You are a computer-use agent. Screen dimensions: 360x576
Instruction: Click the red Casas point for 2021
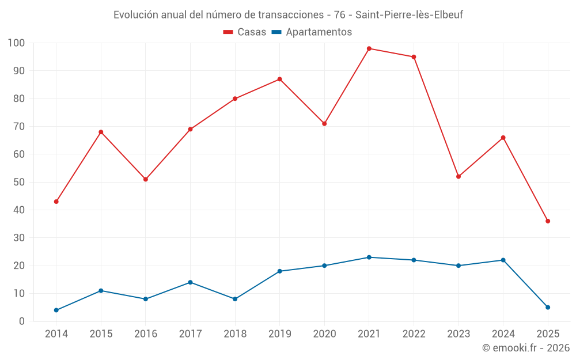click(x=369, y=48)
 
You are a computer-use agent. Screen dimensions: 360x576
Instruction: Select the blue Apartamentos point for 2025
click(x=548, y=307)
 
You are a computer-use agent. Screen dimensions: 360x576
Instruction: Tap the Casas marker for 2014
click(x=56, y=202)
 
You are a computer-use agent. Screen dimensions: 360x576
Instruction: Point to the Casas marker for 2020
click(x=324, y=124)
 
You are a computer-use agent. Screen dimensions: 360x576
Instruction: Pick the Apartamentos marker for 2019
click(x=279, y=271)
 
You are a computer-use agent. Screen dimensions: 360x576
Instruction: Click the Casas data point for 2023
click(x=458, y=176)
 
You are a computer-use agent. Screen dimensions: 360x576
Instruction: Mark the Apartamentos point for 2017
click(x=190, y=282)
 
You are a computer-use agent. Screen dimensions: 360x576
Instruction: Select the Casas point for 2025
click(x=548, y=221)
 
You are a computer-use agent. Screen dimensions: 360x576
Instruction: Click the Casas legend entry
click(x=245, y=32)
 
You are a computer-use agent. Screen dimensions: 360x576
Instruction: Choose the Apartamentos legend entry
click(x=311, y=32)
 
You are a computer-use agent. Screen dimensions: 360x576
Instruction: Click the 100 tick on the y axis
click(x=16, y=43)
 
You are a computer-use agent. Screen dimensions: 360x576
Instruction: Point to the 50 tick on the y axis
click(x=18, y=182)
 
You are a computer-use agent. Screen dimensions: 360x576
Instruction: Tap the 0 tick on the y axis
click(x=22, y=321)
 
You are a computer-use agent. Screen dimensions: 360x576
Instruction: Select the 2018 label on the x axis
click(x=235, y=334)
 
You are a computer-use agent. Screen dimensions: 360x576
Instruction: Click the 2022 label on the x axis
click(x=414, y=334)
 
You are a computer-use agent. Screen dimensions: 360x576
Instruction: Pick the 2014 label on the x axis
click(x=56, y=334)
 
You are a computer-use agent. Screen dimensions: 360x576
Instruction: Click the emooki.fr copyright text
click(x=526, y=348)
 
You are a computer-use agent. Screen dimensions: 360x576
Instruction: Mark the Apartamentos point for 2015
click(x=101, y=290)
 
